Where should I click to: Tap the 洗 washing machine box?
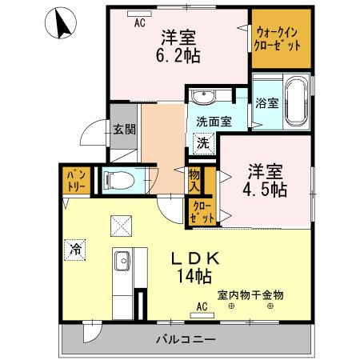(204, 144)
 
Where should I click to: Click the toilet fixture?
(118, 179)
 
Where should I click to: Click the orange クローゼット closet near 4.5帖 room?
(202, 210)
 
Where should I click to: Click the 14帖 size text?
(194, 278)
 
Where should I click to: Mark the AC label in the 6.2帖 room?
(139, 23)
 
